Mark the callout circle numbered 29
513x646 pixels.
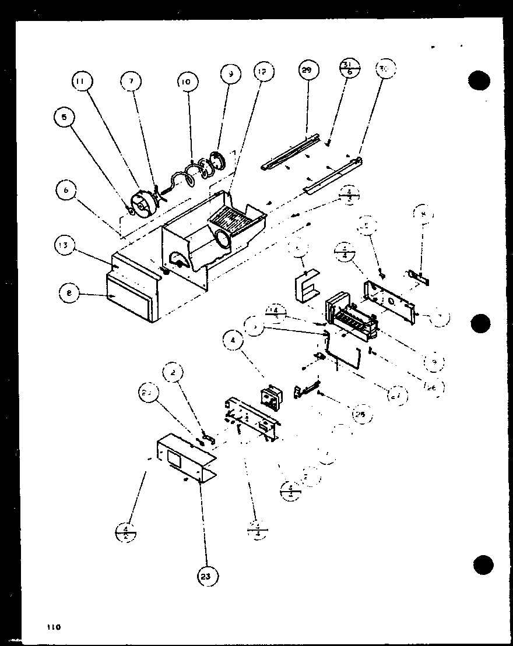307,70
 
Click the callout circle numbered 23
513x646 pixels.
208,576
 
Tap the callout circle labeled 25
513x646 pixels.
359,415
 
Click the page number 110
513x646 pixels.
54,627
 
